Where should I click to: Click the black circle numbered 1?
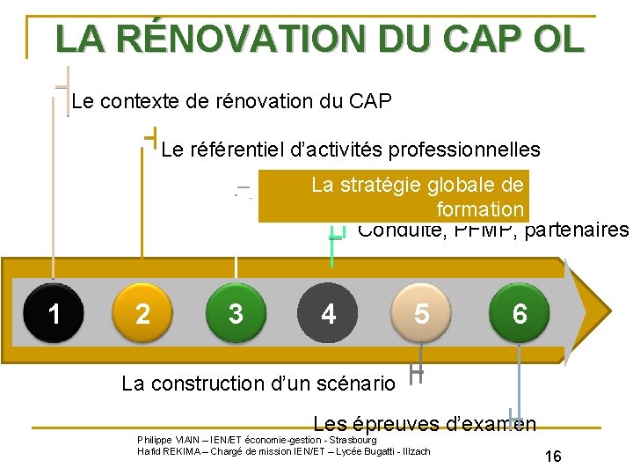[55, 312]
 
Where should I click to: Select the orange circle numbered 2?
[142, 312]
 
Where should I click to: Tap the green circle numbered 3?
[235, 312]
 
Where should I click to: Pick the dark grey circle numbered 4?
[328, 312]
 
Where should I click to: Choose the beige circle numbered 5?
[422, 312]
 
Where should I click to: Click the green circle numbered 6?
[520, 312]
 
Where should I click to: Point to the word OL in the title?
[557, 39]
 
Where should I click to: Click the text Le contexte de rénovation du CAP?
[231, 101]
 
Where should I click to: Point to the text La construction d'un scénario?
[258, 384]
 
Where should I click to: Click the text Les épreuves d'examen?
[425, 424]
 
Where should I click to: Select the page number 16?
[553, 457]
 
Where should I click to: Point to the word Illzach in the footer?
[413, 451]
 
